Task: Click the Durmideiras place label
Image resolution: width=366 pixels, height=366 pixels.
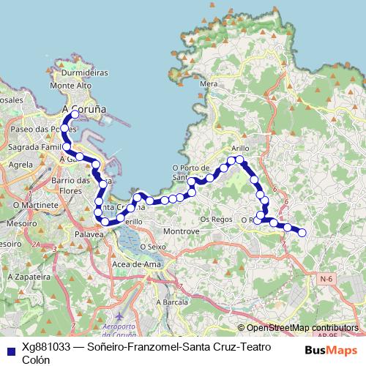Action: point(86,73)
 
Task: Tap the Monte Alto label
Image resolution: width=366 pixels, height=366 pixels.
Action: point(71,86)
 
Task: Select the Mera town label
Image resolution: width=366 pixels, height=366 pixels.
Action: point(209,84)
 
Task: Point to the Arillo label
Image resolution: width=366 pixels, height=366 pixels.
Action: point(240,147)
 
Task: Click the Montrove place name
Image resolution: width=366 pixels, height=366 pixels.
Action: point(182,231)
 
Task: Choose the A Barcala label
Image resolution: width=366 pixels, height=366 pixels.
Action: point(172,302)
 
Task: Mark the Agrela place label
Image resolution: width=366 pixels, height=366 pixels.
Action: point(21,165)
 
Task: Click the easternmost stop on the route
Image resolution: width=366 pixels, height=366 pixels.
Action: point(302,233)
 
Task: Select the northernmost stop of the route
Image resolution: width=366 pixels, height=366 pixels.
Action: point(75,114)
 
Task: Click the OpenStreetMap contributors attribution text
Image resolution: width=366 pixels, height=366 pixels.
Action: point(302,328)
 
